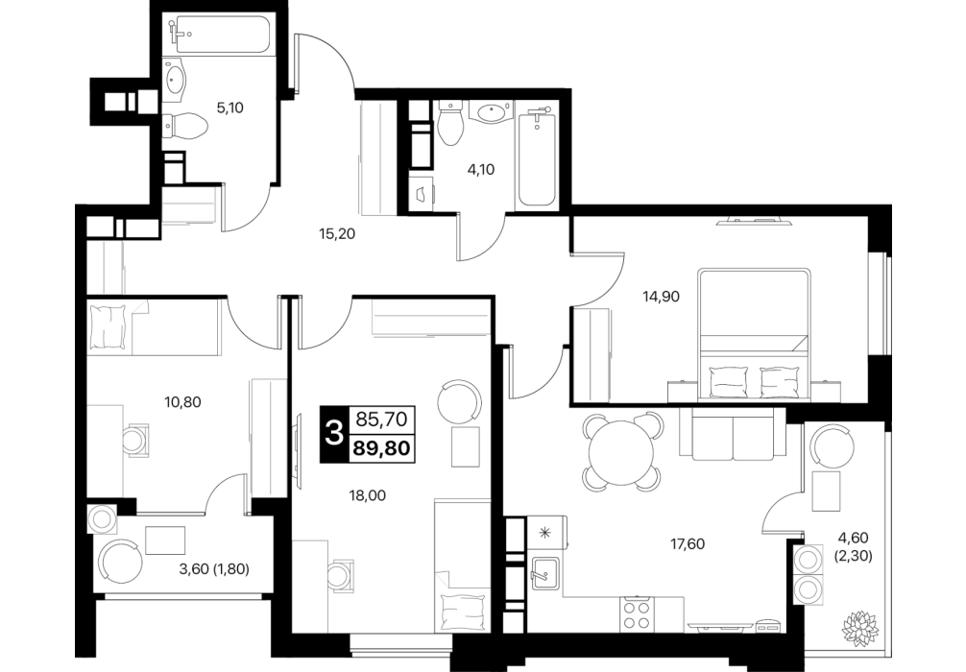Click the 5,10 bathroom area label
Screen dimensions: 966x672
229,108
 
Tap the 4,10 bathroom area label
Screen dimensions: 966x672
481,169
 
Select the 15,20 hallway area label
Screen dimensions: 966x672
337,233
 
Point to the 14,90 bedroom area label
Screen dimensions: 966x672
661,297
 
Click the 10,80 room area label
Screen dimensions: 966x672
183,403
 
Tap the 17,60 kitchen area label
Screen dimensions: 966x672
688,544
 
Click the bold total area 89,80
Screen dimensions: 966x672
382,447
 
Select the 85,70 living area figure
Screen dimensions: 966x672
382,420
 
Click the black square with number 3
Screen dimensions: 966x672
334,435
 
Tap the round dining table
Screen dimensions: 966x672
621,451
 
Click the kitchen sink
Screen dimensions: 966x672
545,573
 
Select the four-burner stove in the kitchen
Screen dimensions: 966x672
637,614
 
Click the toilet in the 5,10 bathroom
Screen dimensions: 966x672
186,127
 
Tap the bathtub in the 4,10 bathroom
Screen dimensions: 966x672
538,158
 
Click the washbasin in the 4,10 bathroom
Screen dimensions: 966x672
491,112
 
